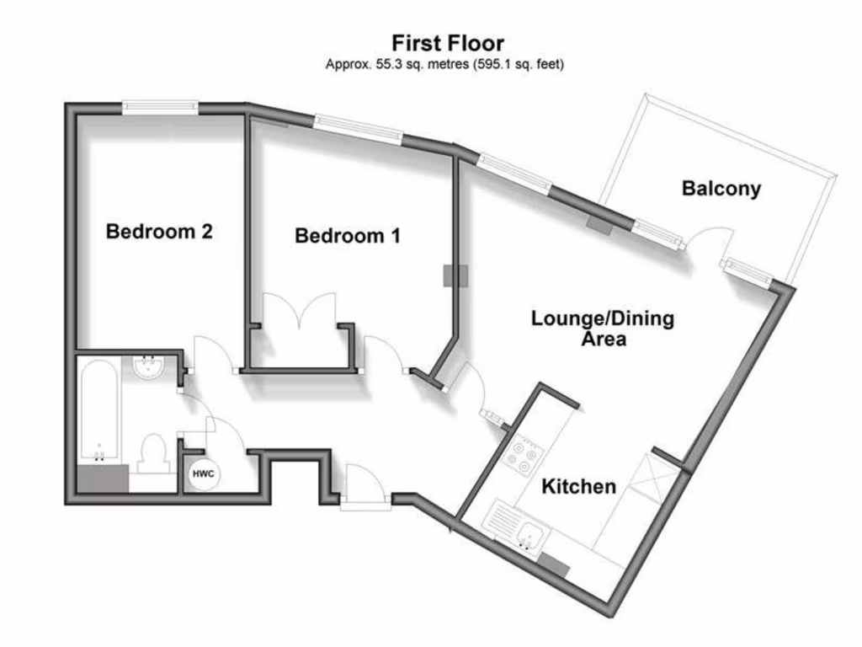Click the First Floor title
(447, 42)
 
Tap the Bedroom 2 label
(158, 231)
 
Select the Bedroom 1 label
(347, 236)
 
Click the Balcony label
(721, 189)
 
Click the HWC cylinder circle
(204, 475)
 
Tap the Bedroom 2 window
(160, 107)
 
